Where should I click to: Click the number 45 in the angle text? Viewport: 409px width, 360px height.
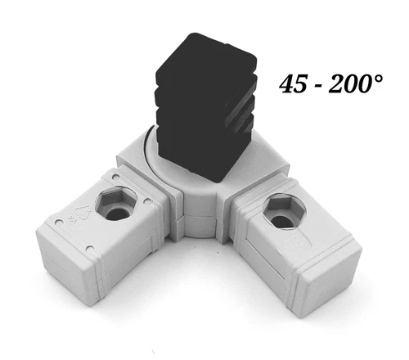point(293,85)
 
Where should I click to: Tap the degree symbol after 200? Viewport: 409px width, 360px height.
point(385,78)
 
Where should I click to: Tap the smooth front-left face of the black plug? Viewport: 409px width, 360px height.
point(184,123)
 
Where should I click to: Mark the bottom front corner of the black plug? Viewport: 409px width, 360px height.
point(216,182)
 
